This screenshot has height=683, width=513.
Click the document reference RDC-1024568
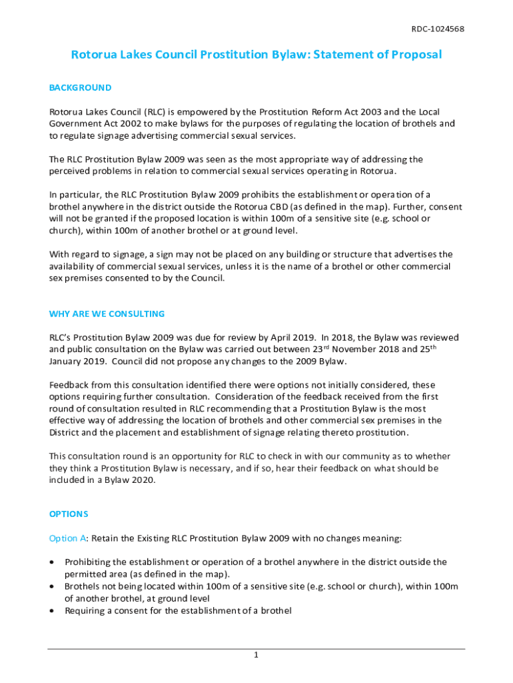[437, 29]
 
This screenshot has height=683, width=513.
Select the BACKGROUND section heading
[80, 87]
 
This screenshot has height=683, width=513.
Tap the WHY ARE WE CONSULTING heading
[107, 313]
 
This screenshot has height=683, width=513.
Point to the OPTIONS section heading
[69, 514]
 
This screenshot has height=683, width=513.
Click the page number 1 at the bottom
[256, 656]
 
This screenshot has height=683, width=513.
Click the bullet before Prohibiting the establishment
[53, 562]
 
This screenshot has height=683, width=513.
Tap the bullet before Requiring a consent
[53, 610]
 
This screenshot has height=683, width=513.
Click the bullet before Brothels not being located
[53, 586]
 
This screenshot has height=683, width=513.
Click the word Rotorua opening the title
[93, 55]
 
